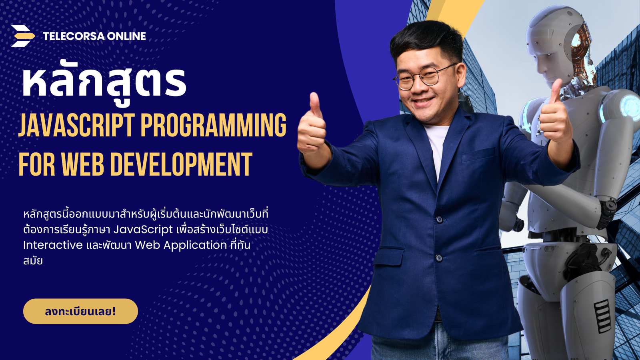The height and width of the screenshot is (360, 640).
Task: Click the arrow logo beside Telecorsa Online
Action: click(x=23, y=36)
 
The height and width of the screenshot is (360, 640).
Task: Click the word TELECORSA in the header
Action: click(x=74, y=36)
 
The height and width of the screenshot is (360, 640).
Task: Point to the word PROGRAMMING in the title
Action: click(x=214, y=125)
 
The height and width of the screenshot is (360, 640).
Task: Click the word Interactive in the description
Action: click(x=53, y=245)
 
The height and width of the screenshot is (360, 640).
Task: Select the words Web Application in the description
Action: click(x=180, y=246)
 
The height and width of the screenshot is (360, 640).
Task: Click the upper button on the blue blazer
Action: click(x=440, y=220)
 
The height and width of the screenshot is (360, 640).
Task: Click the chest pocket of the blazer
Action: click(x=479, y=155)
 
